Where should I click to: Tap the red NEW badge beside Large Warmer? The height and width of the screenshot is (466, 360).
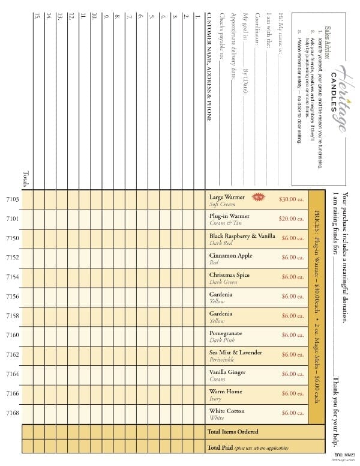click(259, 196)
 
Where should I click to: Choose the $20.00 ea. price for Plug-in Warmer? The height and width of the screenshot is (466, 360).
click(292, 219)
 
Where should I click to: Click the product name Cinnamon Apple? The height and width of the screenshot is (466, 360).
click(230, 256)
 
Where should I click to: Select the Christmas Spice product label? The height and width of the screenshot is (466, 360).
click(229, 275)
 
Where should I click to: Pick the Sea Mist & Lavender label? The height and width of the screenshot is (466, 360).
click(235, 353)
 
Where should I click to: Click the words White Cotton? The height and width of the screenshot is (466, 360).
click(227, 411)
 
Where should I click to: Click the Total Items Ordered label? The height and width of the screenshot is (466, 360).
click(233, 431)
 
